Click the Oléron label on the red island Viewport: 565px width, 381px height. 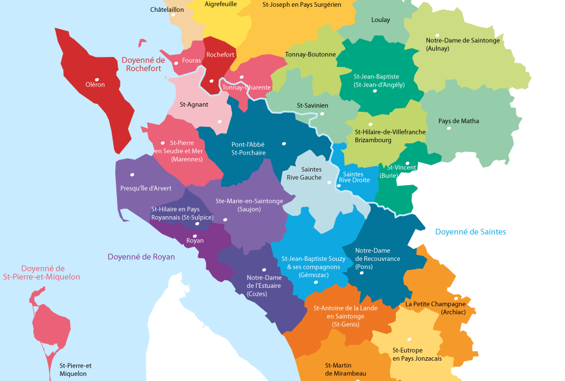pyautogui.click(x=95, y=85)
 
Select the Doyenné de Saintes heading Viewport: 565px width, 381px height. pyautogui.click(x=470, y=232)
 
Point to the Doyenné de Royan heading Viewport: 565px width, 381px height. pyautogui.click(x=141, y=257)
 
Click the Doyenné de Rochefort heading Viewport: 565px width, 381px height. pyautogui.click(x=143, y=64)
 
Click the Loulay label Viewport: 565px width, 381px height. pyautogui.click(x=380, y=20)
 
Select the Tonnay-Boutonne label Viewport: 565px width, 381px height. pyautogui.click(x=310, y=55)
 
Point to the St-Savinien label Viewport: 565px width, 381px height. pyautogui.click(x=312, y=106)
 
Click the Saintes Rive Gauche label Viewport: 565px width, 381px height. pyautogui.click(x=311, y=173)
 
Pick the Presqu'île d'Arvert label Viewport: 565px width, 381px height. pyautogui.click(x=145, y=189)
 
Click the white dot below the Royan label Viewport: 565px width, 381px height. pyautogui.click(x=195, y=236)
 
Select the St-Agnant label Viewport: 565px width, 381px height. pyautogui.click(x=194, y=104)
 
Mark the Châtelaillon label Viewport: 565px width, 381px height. pyautogui.click(x=167, y=10)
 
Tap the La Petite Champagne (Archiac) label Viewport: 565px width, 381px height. pyautogui.click(x=435, y=308)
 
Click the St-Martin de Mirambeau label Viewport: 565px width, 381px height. pyautogui.click(x=345, y=370)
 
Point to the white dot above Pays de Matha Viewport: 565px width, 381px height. pyautogui.click(x=449, y=128)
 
